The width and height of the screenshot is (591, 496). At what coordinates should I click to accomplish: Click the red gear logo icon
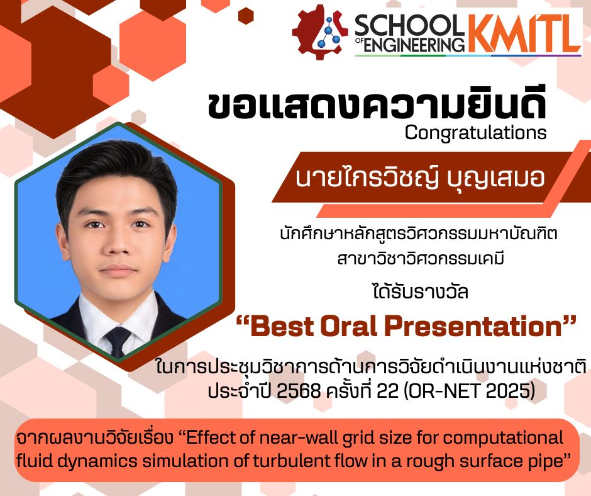319,33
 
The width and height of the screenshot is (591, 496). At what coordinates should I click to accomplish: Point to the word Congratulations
476,133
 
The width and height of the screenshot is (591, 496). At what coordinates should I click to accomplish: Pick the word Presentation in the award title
473,327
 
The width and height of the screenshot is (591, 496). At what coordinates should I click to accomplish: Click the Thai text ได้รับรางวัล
420,291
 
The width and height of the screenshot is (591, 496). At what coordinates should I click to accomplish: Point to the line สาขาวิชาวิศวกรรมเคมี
421,259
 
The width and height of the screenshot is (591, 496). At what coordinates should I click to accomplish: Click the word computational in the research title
503,439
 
